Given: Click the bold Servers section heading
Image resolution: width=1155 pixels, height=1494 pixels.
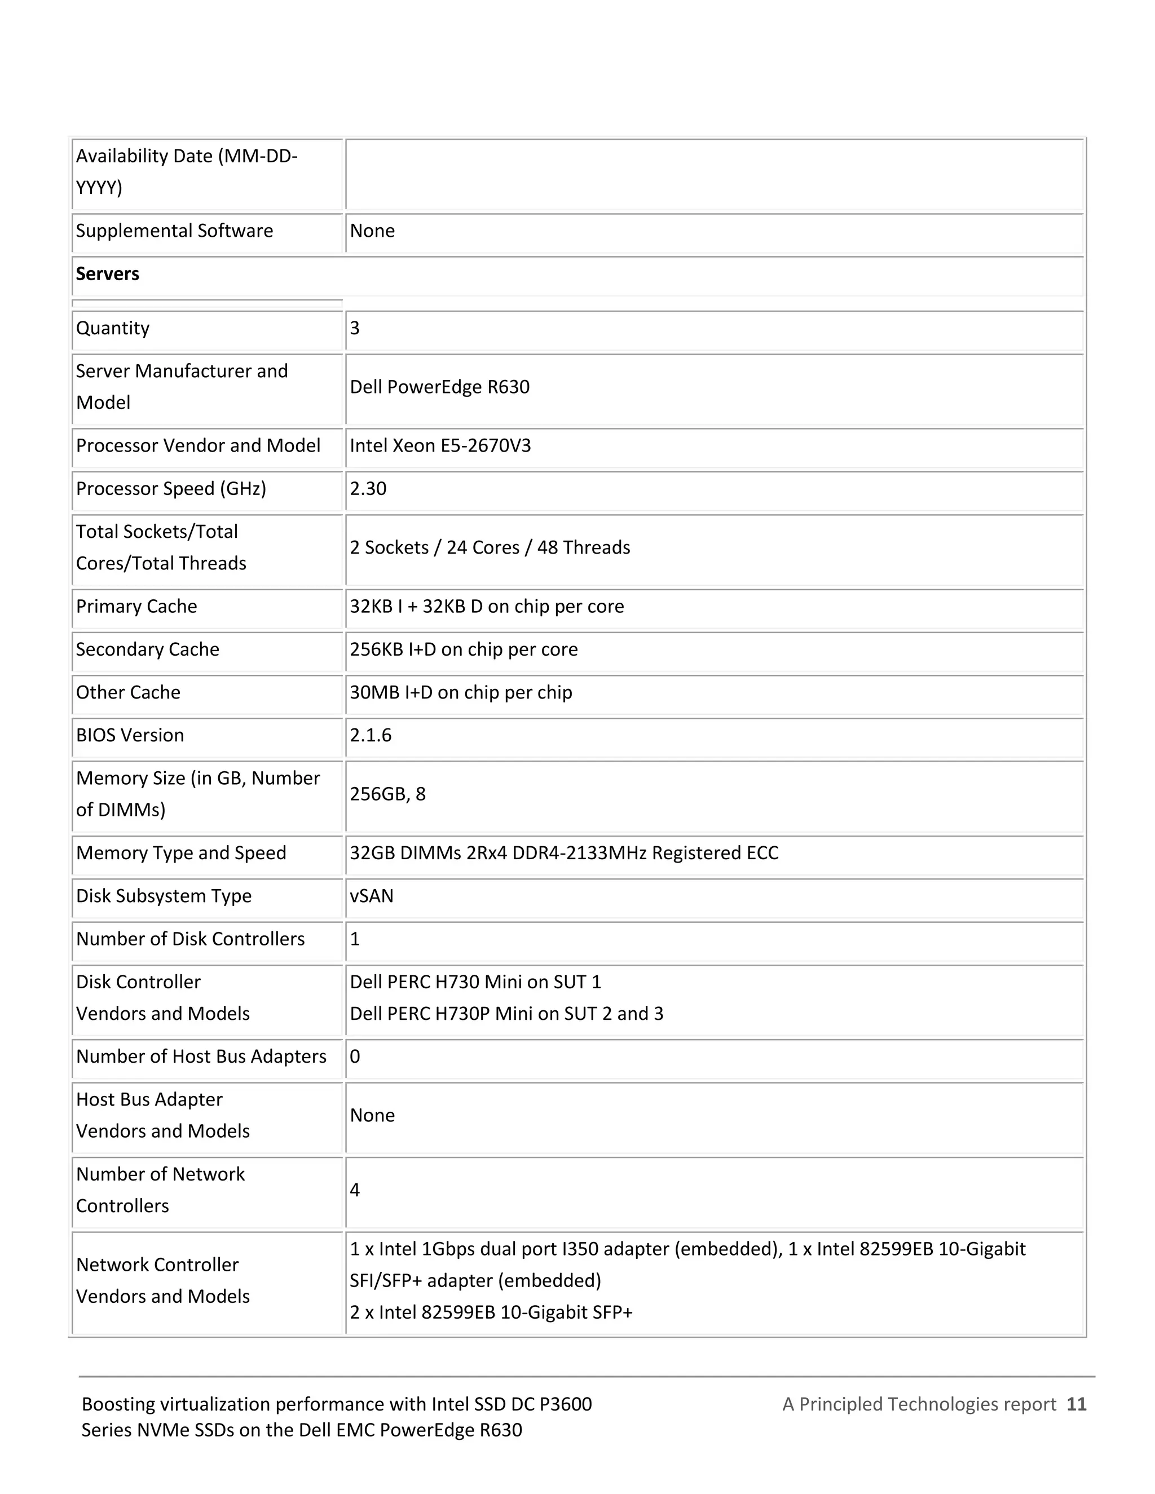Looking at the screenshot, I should click(107, 275).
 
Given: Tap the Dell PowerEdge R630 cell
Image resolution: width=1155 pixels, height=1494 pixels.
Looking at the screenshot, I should click(439, 387).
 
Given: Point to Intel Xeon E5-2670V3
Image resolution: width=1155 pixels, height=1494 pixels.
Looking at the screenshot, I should click(440, 446).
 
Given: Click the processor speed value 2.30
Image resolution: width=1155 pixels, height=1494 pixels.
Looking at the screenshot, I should click(368, 489).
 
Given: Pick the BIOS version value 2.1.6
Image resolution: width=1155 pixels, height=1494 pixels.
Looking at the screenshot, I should click(371, 735).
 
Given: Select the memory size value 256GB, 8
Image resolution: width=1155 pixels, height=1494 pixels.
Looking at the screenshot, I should click(387, 794).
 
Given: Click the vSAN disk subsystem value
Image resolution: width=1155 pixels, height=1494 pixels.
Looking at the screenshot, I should click(372, 896).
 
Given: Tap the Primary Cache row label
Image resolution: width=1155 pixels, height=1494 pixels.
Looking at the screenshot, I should click(136, 607).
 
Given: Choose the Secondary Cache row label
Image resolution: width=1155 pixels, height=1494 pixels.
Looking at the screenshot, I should click(147, 650).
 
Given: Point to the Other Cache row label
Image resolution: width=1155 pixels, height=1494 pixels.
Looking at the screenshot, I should click(128, 693).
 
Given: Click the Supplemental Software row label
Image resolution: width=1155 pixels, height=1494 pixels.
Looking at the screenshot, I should click(174, 231).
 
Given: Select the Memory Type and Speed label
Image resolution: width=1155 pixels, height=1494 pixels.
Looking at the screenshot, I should click(180, 853).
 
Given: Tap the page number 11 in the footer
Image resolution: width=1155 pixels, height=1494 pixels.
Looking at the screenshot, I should click(1076, 1404).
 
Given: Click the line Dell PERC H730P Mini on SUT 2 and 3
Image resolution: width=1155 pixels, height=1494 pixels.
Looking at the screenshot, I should click(506, 1014).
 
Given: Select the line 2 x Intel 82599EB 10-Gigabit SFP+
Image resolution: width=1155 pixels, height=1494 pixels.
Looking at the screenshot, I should click(491, 1312).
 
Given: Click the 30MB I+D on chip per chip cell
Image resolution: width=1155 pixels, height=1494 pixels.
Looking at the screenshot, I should click(461, 693).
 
